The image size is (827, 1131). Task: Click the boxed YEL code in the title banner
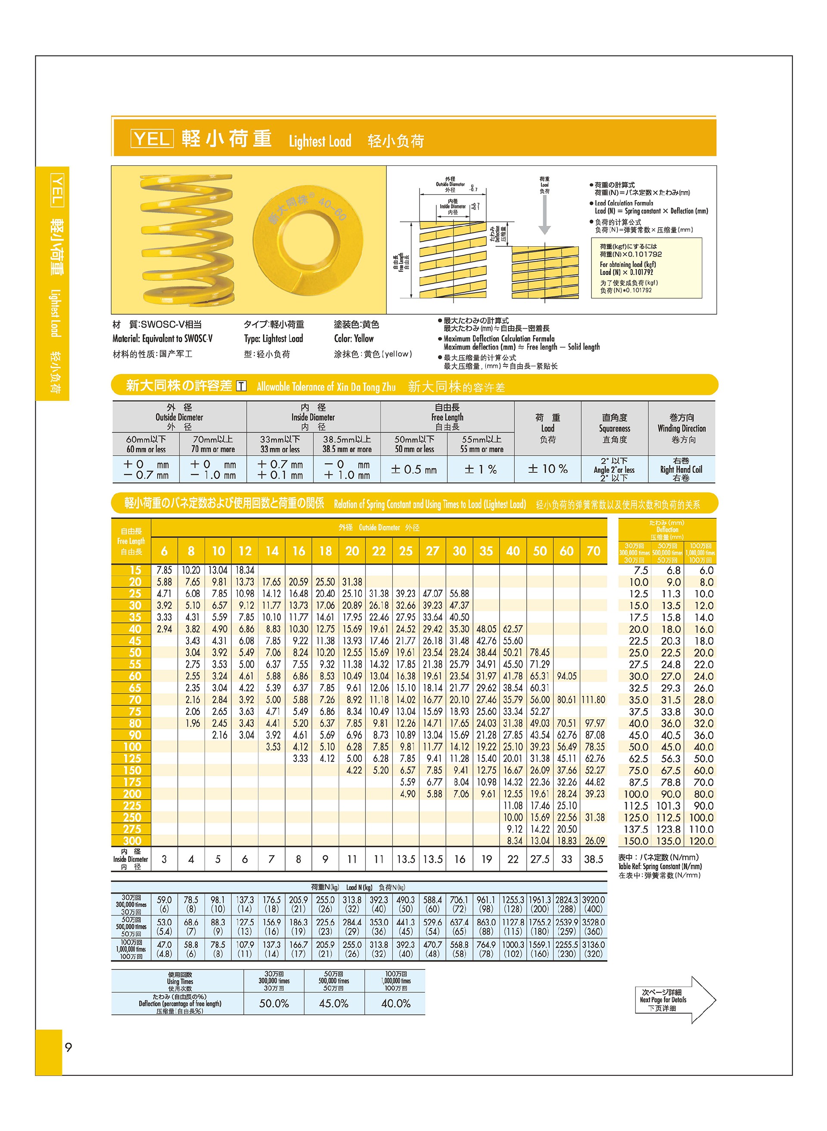[152, 139]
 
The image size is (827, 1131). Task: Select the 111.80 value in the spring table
[594, 700]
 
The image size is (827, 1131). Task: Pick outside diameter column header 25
[405, 551]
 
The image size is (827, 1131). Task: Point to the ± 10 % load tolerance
[547, 469]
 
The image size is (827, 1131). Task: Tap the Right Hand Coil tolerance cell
[681, 469]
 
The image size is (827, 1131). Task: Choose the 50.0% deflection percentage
[274, 1004]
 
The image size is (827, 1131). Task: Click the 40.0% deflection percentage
[395, 1004]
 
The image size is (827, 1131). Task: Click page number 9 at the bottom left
[68, 1047]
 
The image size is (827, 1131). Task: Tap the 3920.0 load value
[594, 900]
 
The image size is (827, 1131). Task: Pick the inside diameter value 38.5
[594, 859]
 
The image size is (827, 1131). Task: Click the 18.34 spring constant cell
[245, 570]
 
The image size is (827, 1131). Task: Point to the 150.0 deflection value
[636, 841]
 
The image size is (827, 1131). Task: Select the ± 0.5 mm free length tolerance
[413, 469]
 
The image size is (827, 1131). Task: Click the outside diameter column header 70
[594, 551]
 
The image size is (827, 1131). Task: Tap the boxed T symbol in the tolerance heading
[241, 386]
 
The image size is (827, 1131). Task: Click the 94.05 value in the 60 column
[567, 676]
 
